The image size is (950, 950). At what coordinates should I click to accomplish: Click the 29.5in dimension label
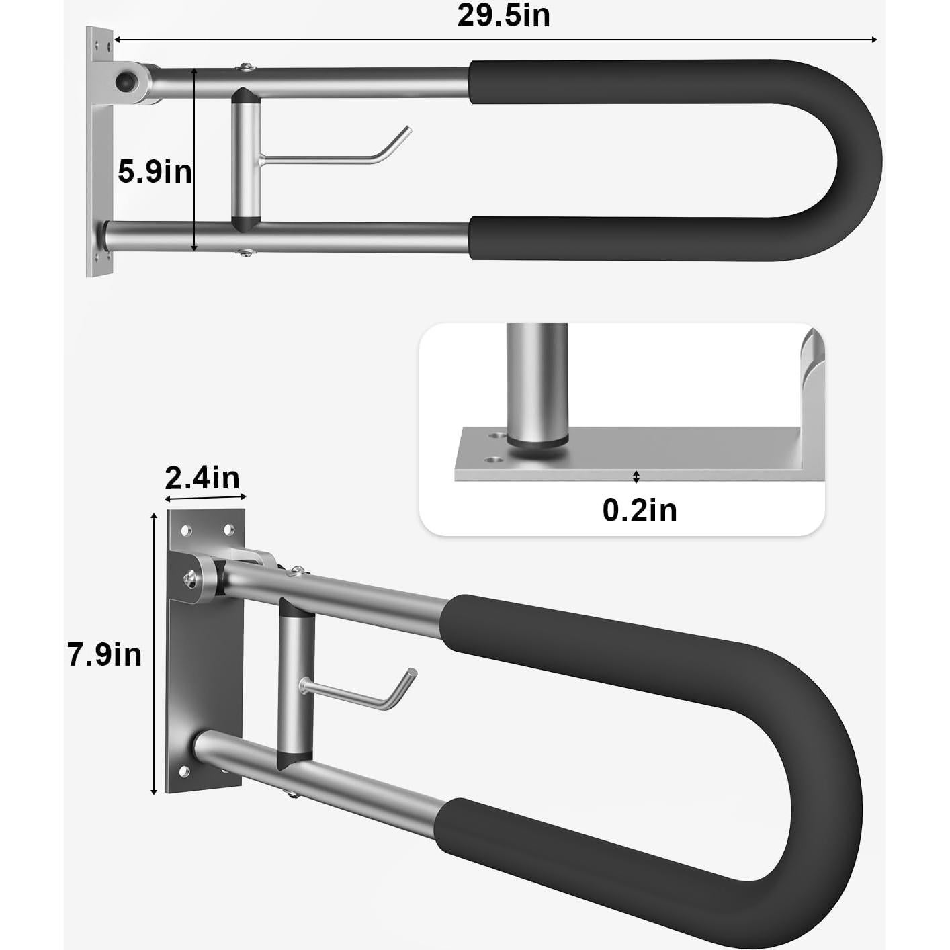[503, 15]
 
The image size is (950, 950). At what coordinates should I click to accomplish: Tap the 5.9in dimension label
[155, 172]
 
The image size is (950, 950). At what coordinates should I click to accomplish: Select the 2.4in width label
[202, 478]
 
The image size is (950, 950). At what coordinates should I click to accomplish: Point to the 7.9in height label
[104, 654]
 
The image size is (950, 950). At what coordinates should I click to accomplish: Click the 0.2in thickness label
[639, 511]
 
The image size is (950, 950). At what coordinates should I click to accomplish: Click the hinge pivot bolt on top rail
[125, 82]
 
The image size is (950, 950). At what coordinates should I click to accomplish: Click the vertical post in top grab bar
[246, 160]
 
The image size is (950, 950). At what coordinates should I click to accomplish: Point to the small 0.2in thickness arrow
[636, 477]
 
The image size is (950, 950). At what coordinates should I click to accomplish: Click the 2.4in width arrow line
[206, 498]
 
